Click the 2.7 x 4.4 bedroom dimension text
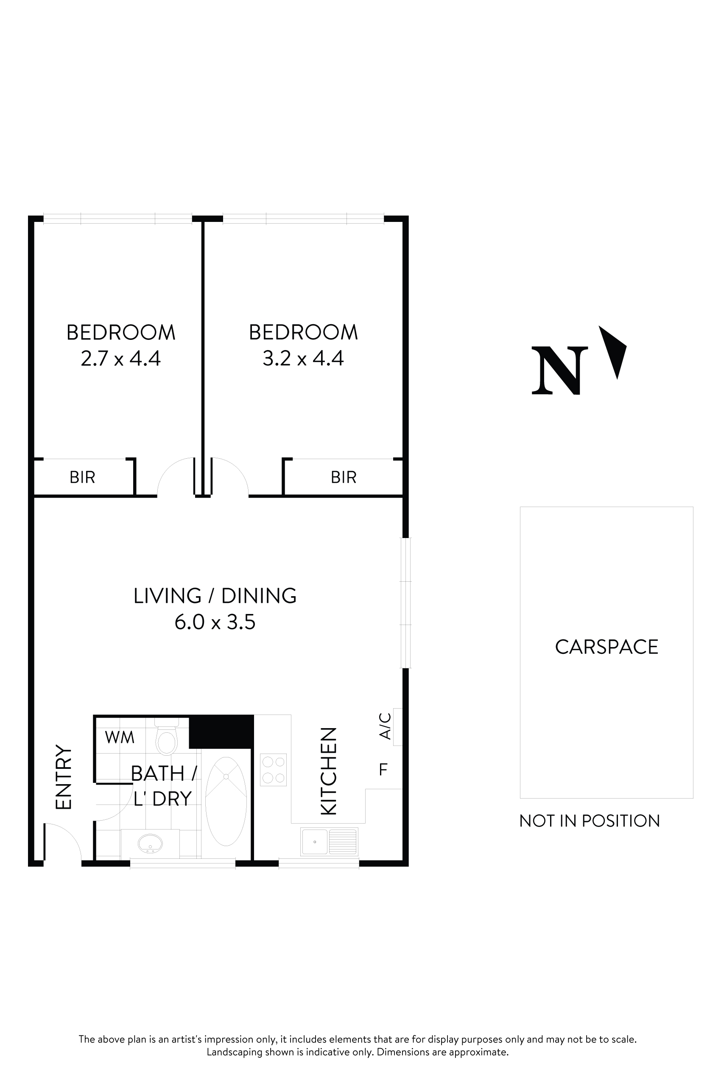[120, 359]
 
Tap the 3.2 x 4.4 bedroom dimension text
[303, 359]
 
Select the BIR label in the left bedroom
[82, 477]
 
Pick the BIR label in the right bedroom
[344, 477]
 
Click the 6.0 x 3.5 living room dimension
[215, 622]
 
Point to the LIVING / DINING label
[215, 596]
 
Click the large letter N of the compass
[559, 371]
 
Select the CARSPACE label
[606, 647]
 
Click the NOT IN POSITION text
[590, 821]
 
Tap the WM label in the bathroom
[120, 737]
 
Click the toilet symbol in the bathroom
[166, 739]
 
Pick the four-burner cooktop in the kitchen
[273, 770]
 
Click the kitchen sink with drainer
[329, 841]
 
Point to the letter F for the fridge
[383, 769]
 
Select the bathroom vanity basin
[150, 843]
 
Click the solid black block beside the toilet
[221, 732]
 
